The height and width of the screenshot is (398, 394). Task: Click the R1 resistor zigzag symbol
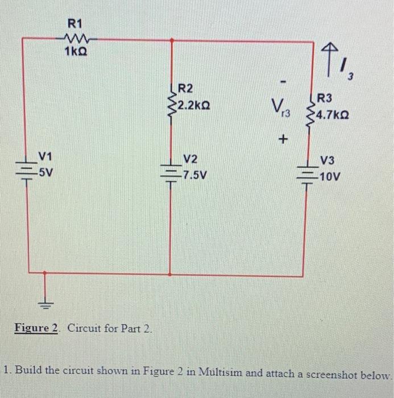click(75, 40)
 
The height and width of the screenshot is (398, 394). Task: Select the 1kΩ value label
click(76, 53)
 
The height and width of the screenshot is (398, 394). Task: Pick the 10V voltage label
click(330, 176)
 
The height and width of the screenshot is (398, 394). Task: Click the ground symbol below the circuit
click(46, 301)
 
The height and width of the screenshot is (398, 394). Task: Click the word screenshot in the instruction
click(330, 375)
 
